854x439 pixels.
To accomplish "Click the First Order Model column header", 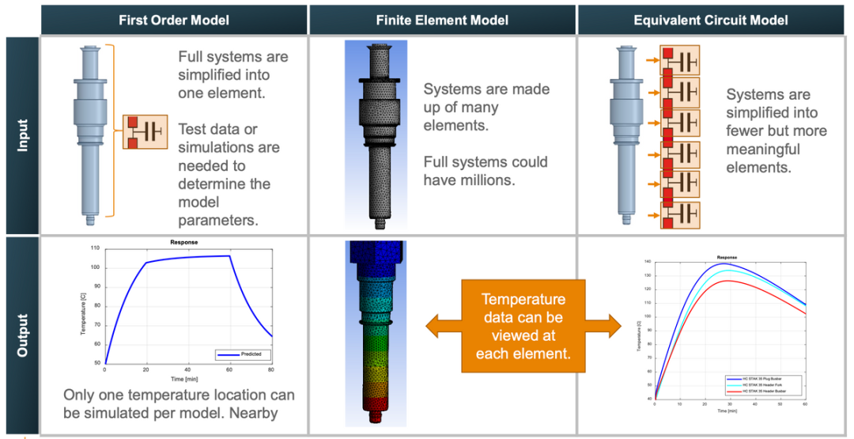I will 173,19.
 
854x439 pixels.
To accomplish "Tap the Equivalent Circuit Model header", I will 712,19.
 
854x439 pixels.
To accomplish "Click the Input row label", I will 21,134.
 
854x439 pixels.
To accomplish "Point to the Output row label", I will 21,335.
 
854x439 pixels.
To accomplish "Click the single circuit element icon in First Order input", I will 145,132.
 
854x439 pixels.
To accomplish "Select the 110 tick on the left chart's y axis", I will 95,248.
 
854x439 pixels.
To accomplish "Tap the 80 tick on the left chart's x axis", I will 270,369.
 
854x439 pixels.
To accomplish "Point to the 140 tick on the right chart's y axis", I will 648,262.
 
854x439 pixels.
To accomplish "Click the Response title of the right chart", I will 727,257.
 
